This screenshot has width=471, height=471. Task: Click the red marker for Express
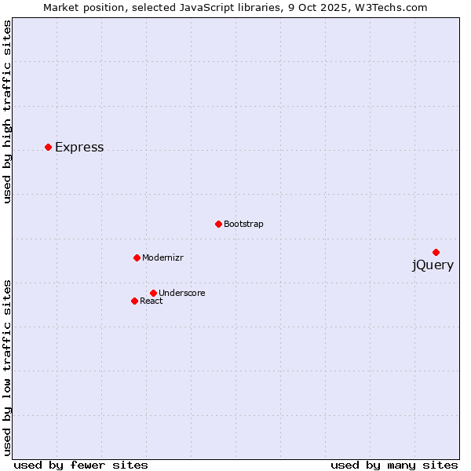click(48, 147)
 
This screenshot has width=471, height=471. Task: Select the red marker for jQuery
click(436, 252)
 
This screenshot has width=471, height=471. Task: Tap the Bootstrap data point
click(218, 224)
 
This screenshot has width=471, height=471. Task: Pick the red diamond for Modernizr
click(137, 257)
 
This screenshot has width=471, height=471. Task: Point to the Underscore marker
click(153, 293)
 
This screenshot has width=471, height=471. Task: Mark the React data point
click(134, 301)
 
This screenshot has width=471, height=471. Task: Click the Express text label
click(79, 148)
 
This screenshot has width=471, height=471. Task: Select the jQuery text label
click(433, 265)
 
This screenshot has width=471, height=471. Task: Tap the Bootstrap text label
click(243, 225)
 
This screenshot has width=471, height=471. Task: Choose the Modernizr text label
click(162, 258)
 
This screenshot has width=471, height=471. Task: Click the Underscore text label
click(182, 294)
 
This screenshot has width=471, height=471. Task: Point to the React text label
click(152, 301)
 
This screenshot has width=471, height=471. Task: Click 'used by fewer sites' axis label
click(81, 465)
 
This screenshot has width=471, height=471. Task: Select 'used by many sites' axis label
click(394, 465)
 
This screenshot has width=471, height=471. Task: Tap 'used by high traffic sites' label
click(7, 111)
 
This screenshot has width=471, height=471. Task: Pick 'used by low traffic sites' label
click(7, 367)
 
